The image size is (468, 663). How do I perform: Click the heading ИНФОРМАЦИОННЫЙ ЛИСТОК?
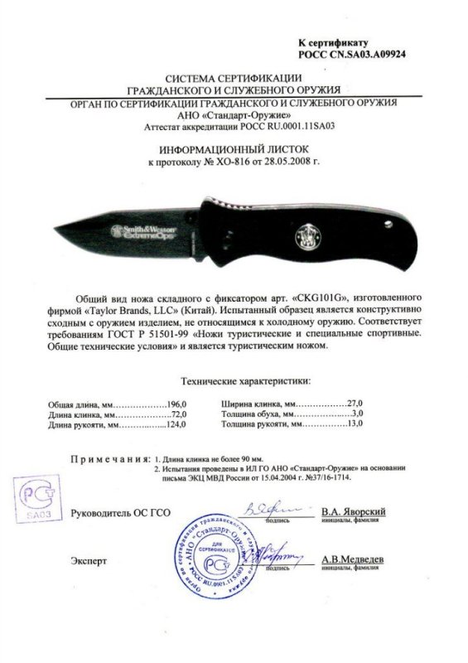click(x=233, y=149)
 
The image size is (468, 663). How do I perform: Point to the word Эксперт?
click(x=89, y=560)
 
